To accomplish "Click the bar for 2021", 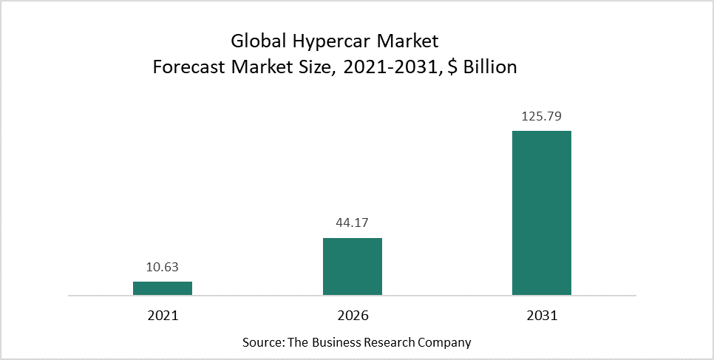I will click(163, 288).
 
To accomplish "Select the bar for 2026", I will click(352, 266).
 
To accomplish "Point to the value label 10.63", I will click(163, 268).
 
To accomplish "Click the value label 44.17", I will click(352, 224).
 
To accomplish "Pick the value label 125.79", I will click(542, 117).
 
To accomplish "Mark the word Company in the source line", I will click(446, 343).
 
